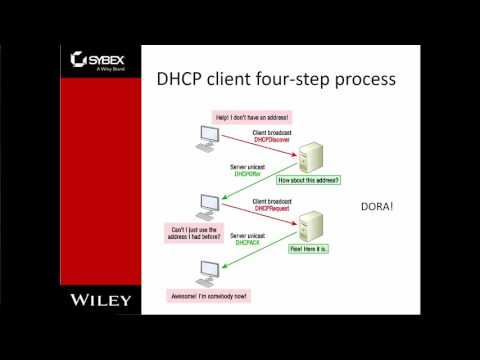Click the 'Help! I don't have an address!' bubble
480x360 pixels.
click(x=247, y=117)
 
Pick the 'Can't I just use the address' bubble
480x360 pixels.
click(x=201, y=232)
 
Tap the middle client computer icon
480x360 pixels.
click(x=207, y=206)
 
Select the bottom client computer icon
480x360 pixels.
click(x=210, y=271)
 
